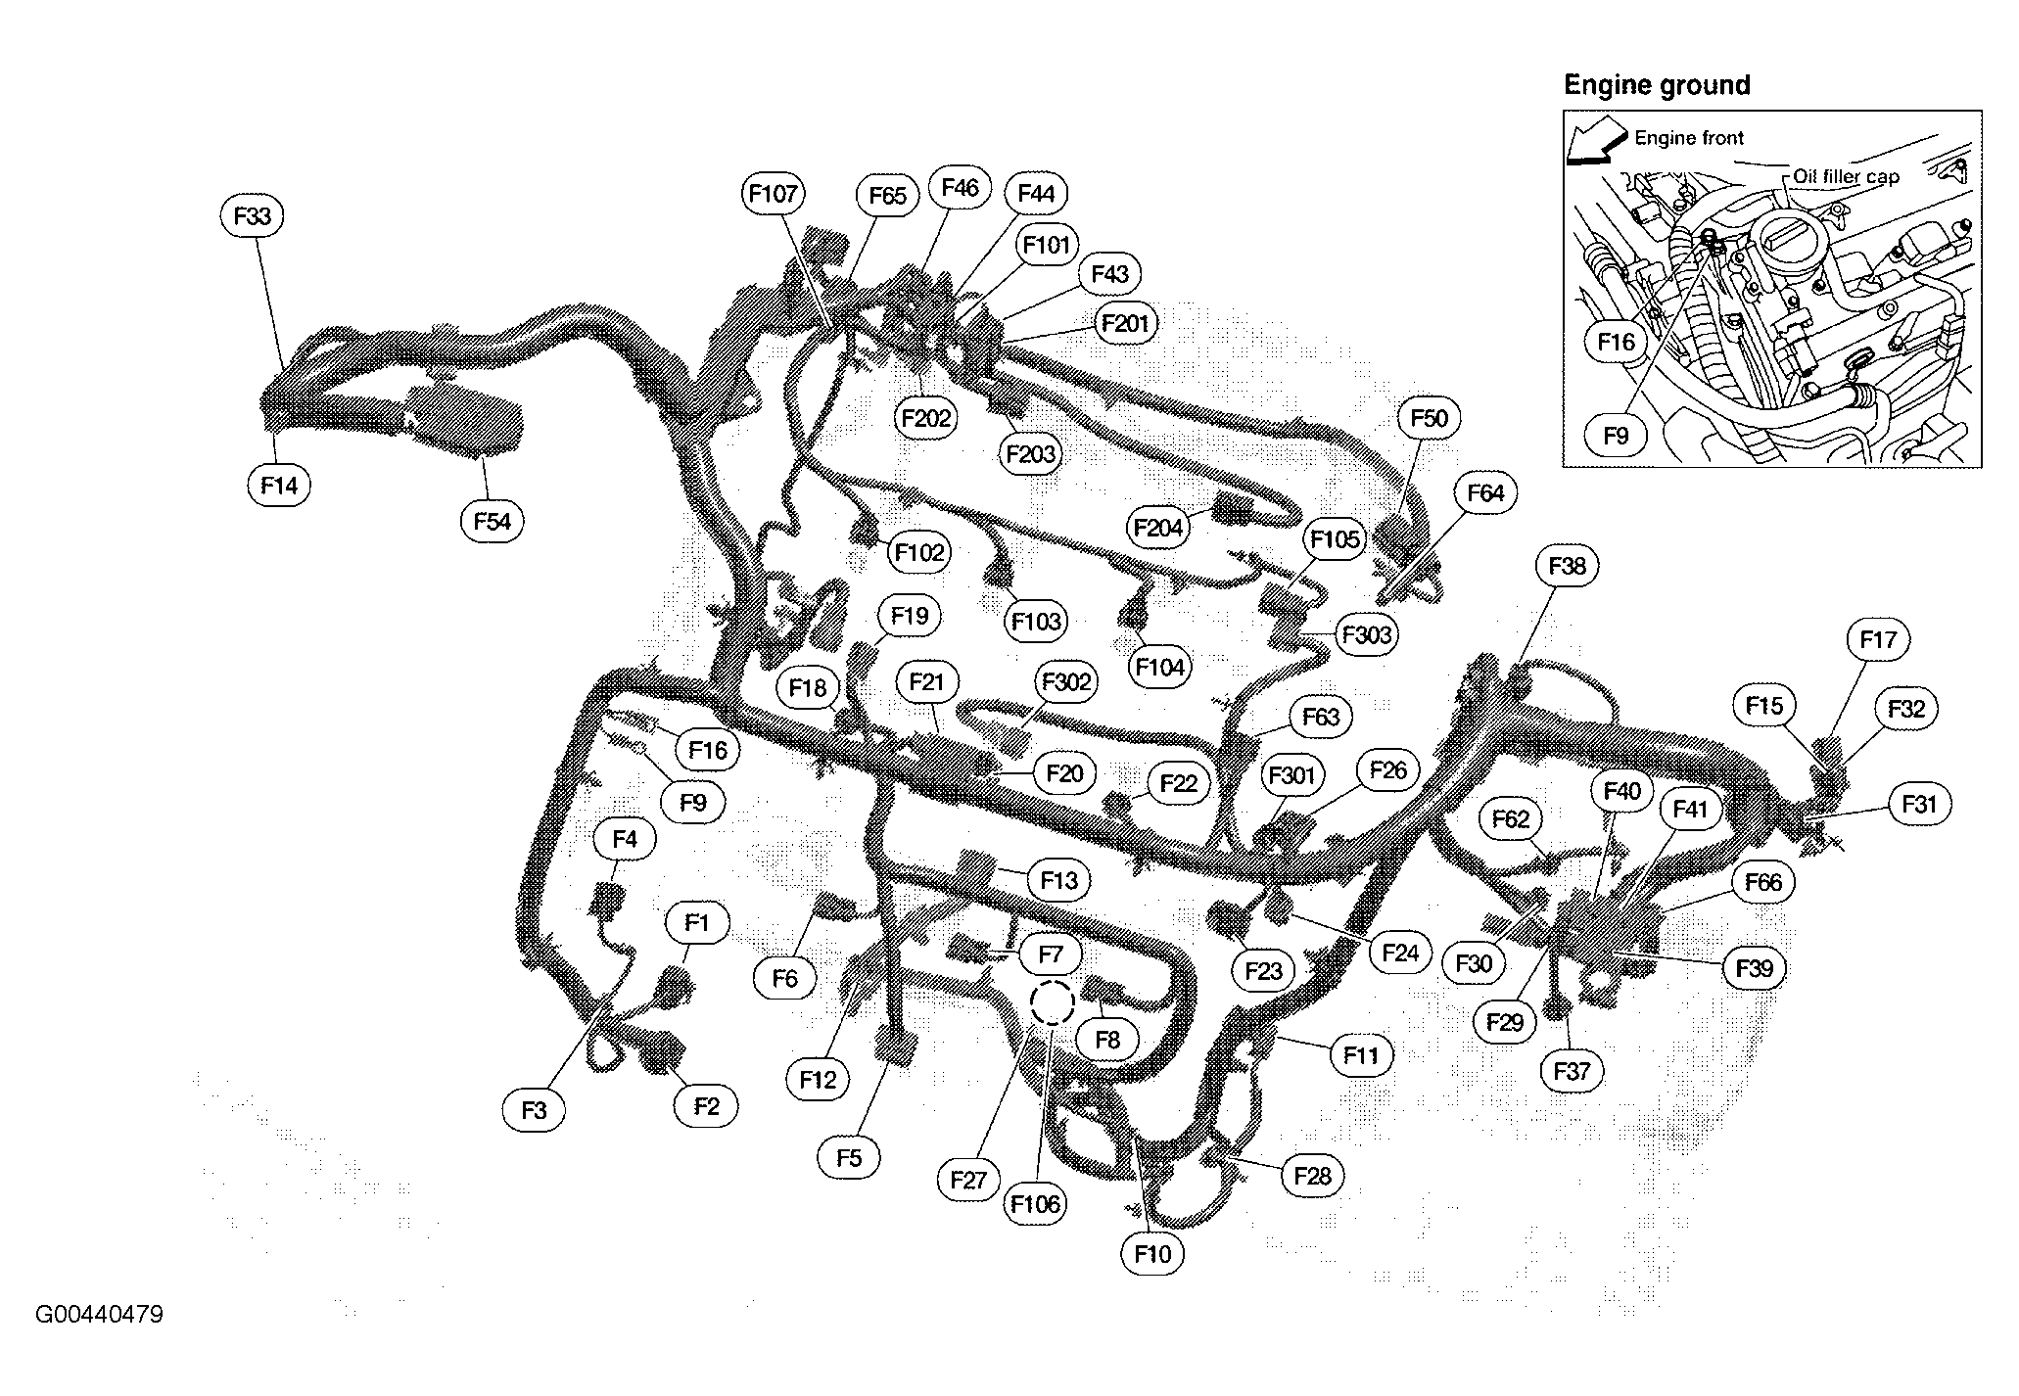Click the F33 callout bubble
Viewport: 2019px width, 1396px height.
(253, 215)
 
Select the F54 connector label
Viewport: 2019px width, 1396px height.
(492, 522)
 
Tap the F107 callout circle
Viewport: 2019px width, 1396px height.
(774, 194)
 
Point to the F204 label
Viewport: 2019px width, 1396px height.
(1159, 529)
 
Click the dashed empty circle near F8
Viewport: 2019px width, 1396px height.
(1053, 1002)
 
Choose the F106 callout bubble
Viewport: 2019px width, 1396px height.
(1036, 1204)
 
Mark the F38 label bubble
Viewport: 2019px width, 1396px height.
(1567, 566)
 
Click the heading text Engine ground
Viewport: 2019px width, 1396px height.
(1657, 86)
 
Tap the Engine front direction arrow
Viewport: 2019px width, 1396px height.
(1594, 145)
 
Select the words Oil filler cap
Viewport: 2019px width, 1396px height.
(1846, 177)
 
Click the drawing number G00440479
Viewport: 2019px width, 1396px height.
(99, 1314)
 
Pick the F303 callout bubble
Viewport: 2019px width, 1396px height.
(1367, 635)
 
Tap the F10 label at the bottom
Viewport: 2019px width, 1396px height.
(1152, 1254)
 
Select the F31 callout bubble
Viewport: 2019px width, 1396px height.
(1919, 805)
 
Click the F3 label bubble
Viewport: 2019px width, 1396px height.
(534, 1110)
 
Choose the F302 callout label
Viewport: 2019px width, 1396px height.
(1065, 682)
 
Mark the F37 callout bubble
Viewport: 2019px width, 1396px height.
(1572, 1071)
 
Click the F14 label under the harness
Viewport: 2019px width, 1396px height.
(279, 486)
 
